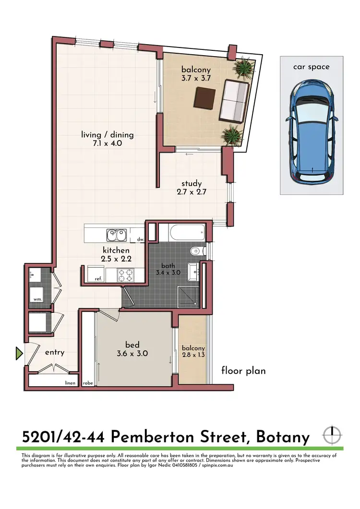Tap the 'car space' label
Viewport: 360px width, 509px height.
pos(312,67)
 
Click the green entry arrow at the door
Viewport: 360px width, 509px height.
pos(19,354)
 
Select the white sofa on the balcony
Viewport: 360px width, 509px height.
pos(234,101)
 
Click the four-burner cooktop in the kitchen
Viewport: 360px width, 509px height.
pos(126,275)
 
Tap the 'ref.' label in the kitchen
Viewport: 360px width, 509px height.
pos(98,279)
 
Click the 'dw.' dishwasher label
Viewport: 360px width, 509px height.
pos(140,239)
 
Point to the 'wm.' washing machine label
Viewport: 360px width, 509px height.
pos(37,299)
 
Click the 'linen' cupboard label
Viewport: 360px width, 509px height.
pos(71,383)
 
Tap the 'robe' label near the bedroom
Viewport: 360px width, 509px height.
pos(88,383)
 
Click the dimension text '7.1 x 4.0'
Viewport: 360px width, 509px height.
pos(107,143)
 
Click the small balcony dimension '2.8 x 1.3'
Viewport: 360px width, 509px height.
pos(193,355)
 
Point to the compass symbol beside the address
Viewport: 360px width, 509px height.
pos(330,435)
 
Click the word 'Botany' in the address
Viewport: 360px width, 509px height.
pos(283,437)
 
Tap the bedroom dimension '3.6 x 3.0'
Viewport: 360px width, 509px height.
pos(132,354)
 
